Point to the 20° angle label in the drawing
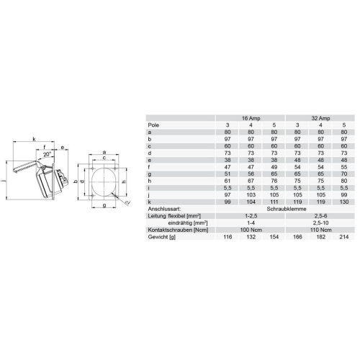[47, 154]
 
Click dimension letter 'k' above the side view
[34, 139]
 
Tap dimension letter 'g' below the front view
[104, 205]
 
